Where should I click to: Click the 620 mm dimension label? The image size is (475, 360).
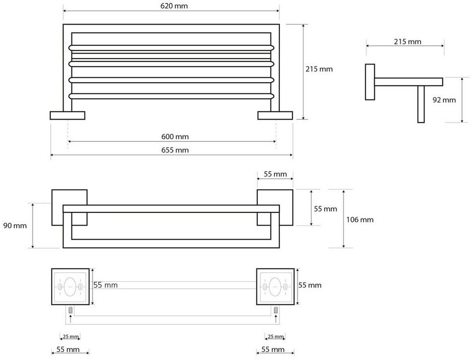[174, 6]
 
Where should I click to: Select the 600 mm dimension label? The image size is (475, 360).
[175, 136]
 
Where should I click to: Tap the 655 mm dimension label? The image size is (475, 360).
[175, 150]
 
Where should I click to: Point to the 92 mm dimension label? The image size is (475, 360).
[444, 100]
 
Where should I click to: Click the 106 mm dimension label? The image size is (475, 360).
[360, 220]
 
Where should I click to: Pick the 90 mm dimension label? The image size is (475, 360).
[15, 226]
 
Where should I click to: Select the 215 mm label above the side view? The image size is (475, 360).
[407, 42]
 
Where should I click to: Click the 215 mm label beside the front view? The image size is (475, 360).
[319, 69]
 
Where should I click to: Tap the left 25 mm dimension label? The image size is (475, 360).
[70, 336]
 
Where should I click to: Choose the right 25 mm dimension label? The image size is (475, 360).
[275, 336]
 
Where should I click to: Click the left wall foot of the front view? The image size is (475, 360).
[68, 115]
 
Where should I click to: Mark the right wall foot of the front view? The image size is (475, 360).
[275, 115]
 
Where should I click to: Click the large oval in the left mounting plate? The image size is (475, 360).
[70, 287]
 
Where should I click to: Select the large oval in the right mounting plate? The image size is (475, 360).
[275, 287]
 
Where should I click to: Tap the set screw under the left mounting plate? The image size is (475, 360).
[70, 310]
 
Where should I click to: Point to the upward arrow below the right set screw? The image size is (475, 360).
[275, 319]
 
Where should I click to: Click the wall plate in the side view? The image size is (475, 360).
[370, 82]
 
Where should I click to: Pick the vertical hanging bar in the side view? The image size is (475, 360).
[421, 104]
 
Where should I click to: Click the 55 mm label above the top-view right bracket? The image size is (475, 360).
[275, 174]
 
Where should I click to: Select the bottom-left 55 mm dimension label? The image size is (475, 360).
[68, 349]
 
